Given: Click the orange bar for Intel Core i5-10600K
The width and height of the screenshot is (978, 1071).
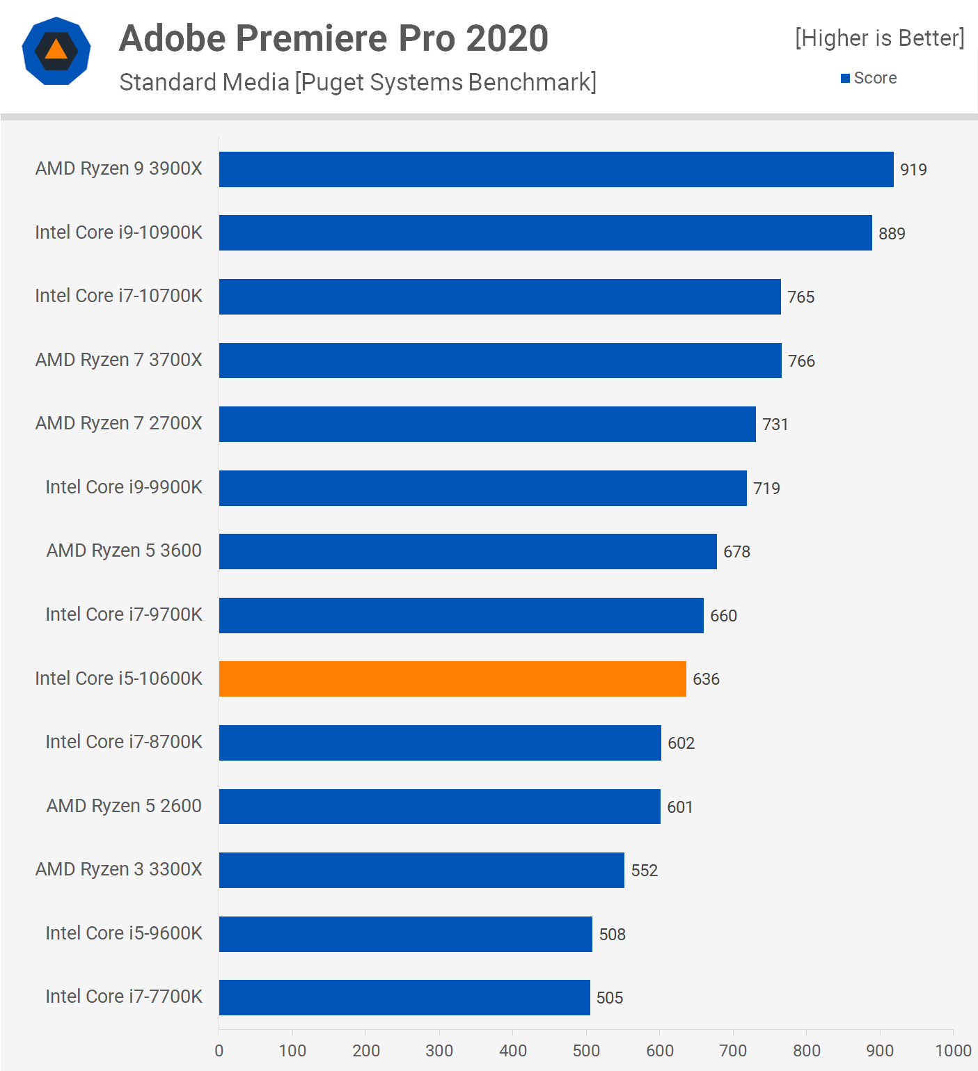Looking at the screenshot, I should pos(452,679).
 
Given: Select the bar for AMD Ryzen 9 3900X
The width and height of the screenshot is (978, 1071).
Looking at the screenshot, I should pos(556,169).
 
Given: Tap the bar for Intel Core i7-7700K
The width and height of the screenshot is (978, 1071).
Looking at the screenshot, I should pos(404,997).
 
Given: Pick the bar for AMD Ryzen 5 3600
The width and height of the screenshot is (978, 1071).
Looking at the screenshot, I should pos(468,551).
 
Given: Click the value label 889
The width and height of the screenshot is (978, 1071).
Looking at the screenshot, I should pos(892,234).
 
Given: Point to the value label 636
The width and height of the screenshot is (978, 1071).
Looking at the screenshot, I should pos(706,679).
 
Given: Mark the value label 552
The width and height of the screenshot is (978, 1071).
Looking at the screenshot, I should pos(644,871).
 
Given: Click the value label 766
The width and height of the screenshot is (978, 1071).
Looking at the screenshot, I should pos(801,361).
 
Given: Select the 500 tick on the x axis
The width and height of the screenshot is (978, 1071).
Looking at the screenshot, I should pos(586,1050).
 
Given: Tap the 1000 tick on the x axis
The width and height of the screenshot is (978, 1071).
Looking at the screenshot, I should pos(952,1050).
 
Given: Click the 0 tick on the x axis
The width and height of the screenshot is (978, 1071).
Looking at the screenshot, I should pos(219,1050).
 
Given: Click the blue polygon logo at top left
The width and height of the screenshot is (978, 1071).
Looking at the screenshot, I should pos(56,51).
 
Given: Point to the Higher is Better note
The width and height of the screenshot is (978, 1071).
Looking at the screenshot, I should pos(880,38).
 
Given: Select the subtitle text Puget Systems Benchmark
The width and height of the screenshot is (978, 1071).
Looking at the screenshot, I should pos(445,82).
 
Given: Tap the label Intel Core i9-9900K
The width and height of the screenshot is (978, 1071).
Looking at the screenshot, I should pos(124,487).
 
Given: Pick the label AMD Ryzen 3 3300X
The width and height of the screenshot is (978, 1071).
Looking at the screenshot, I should pos(119,869).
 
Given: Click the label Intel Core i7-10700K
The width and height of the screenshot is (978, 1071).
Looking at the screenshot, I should pos(119,296).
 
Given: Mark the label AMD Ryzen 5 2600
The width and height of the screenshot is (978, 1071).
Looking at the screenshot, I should pos(124,806).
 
